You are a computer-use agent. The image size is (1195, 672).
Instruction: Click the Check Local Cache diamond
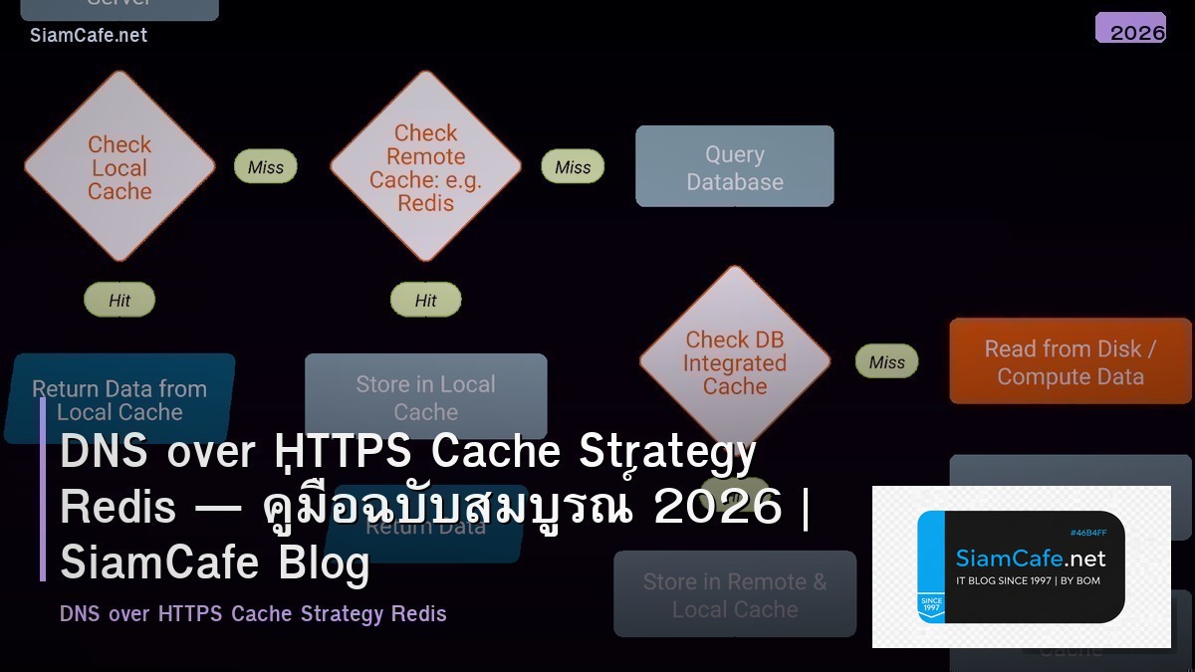pyautogui.click(x=119, y=167)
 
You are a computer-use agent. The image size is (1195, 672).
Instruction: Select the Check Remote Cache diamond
pyautogui.click(x=425, y=167)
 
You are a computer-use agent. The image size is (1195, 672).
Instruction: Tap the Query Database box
pyautogui.click(x=734, y=167)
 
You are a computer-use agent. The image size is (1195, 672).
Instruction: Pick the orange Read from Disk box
pyautogui.click(x=1070, y=361)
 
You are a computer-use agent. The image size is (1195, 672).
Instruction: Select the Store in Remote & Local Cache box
pyautogui.click(x=734, y=594)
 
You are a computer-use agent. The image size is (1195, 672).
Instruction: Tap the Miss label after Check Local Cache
pyautogui.click(x=266, y=167)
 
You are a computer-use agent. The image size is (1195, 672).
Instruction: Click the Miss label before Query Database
pyautogui.click(x=573, y=167)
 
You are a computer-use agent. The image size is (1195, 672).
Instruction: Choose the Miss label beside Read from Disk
pyautogui.click(x=886, y=362)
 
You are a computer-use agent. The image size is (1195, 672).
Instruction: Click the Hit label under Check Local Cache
pyautogui.click(x=119, y=300)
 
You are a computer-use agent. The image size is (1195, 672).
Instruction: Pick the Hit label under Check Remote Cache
pyautogui.click(x=425, y=300)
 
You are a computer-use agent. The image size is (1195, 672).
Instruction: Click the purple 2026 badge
pyautogui.click(x=1130, y=30)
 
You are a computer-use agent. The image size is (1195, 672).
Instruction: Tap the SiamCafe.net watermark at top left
pyautogui.click(x=89, y=35)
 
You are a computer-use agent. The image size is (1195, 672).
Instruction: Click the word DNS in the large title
pyautogui.click(x=100, y=452)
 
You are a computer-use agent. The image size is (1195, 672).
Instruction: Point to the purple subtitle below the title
pyautogui.click(x=253, y=613)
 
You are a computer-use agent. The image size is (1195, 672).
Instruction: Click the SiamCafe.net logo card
pyautogui.click(x=1021, y=566)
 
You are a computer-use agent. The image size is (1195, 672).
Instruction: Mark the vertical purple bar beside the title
pyautogui.click(x=43, y=489)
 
